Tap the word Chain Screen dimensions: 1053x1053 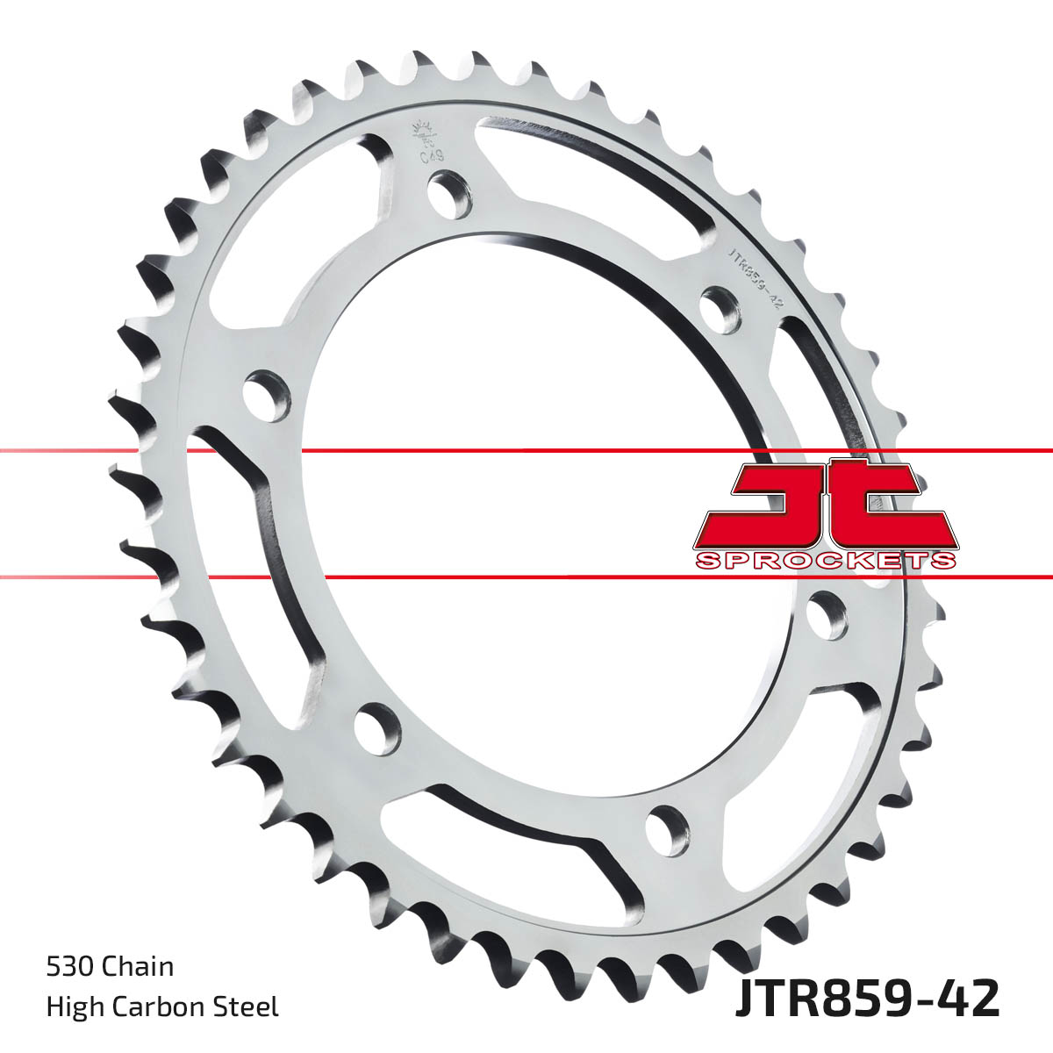click(x=138, y=967)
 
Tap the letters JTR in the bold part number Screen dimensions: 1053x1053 click(x=776, y=1000)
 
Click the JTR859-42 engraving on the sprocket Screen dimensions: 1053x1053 click(x=753, y=275)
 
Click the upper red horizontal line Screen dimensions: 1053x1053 click(x=526, y=451)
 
